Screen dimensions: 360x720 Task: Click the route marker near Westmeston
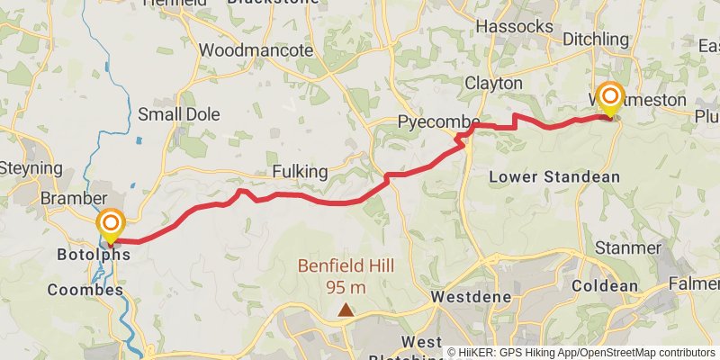[x=611, y=96]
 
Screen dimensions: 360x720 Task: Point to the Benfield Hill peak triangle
[x=346, y=310]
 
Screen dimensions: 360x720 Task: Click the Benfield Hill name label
[x=346, y=267]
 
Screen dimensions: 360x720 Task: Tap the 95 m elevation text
[x=346, y=287]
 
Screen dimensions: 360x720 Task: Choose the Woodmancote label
[x=256, y=50]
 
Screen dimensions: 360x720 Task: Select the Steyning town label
[x=30, y=168]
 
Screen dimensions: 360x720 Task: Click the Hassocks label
[x=514, y=27]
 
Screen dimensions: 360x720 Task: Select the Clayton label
[x=493, y=83]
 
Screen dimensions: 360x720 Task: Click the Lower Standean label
[x=554, y=177]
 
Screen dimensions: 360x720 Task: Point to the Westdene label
[x=472, y=296]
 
